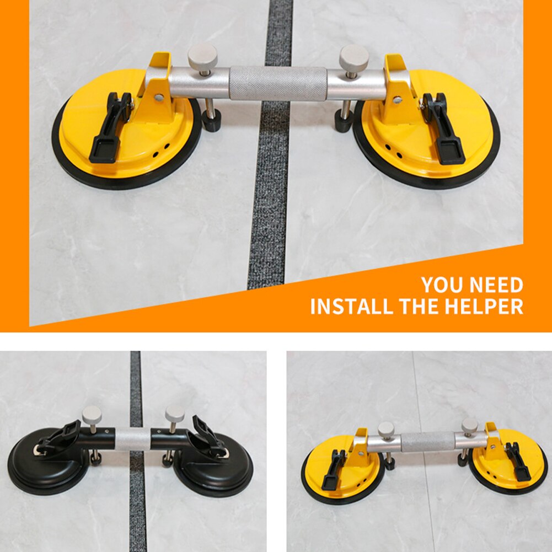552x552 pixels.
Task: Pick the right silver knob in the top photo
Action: pos(353,57)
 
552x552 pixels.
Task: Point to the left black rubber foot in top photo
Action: pos(211,120)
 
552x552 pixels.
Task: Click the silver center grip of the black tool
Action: pos(132,440)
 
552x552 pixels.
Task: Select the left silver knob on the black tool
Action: pos(92,414)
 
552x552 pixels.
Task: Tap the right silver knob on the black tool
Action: pos(175,413)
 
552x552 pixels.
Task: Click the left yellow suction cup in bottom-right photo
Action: pos(342,469)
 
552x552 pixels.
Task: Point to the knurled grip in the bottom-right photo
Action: pos(427,442)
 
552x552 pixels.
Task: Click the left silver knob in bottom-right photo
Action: pos(386,428)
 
